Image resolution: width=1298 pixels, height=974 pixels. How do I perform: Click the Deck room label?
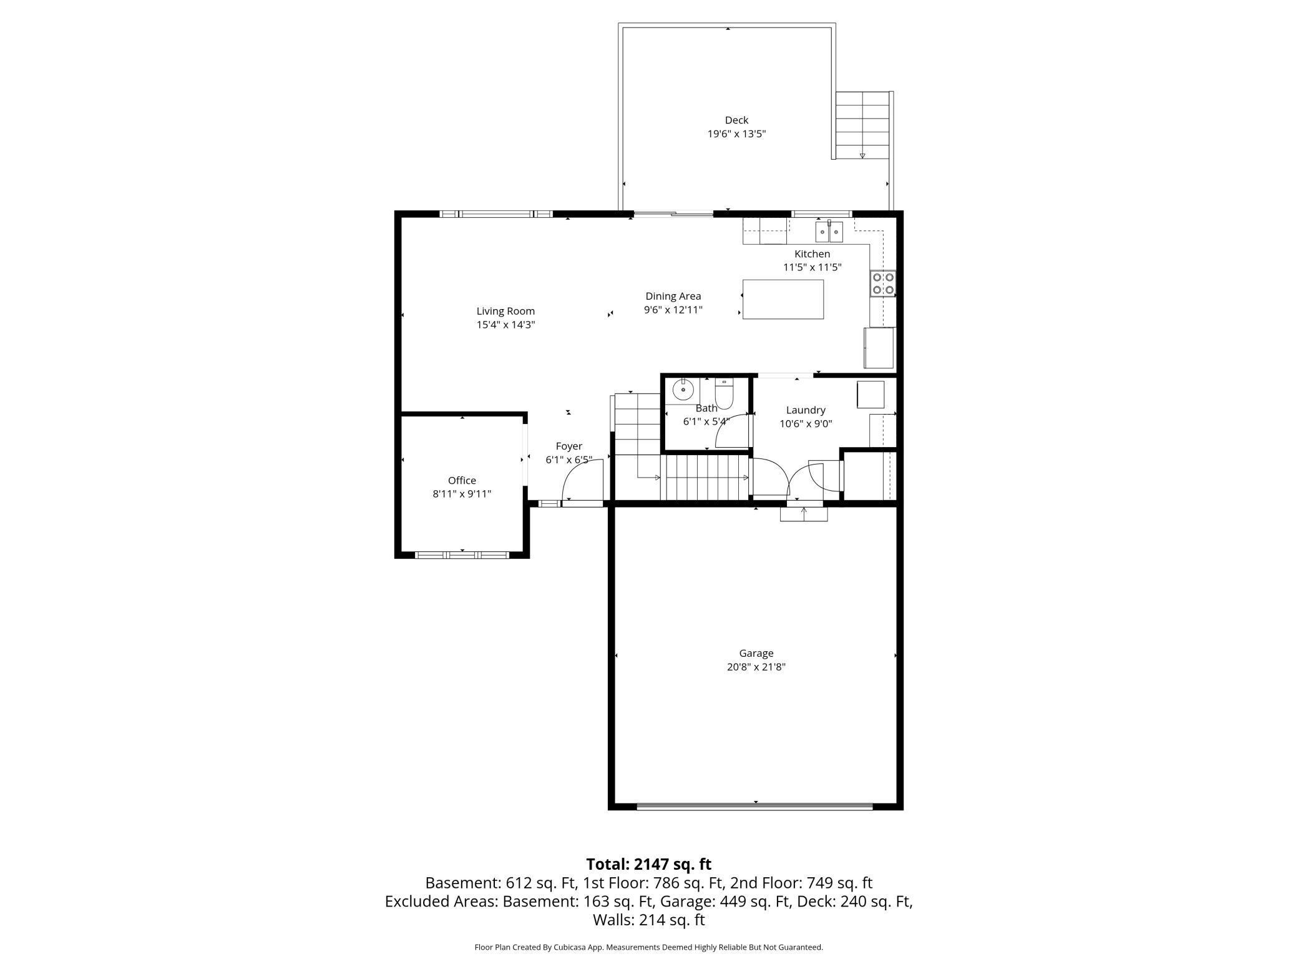click(x=736, y=120)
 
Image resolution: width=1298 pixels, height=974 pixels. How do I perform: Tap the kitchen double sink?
click(x=829, y=232)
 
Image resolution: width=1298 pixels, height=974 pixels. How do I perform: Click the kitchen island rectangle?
click(x=783, y=299)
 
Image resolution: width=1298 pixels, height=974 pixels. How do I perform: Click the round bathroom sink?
click(x=683, y=390)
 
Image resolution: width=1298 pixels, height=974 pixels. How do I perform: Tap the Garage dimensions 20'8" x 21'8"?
click(x=756, y=667)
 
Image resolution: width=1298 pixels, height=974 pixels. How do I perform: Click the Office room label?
click(x=462, y=480)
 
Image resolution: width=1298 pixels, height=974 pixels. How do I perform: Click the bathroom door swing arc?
click(x=731, y=431)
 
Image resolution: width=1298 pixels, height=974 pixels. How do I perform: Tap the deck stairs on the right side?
click(x=862, y=125)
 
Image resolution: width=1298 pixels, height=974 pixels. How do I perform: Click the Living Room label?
click(x=505, y=311)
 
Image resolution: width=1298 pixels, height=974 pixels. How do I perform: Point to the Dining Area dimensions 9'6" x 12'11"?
click(x=673, y=310)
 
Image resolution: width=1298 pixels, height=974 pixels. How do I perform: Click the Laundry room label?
click(x=806, y=410)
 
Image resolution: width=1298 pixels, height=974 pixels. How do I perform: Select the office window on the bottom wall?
click(x=462, y=554)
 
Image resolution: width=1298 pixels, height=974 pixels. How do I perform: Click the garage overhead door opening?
click(x=754, y=807)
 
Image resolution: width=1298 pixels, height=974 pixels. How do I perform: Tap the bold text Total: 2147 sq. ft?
click(x=648, y=864)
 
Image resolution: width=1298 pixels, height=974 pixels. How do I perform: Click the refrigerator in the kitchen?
click(x=879, y=348)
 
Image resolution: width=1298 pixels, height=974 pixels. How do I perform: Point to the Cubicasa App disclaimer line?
click(x=648, y=947)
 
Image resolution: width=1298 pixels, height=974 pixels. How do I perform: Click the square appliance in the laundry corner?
click(x=870, y=395)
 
